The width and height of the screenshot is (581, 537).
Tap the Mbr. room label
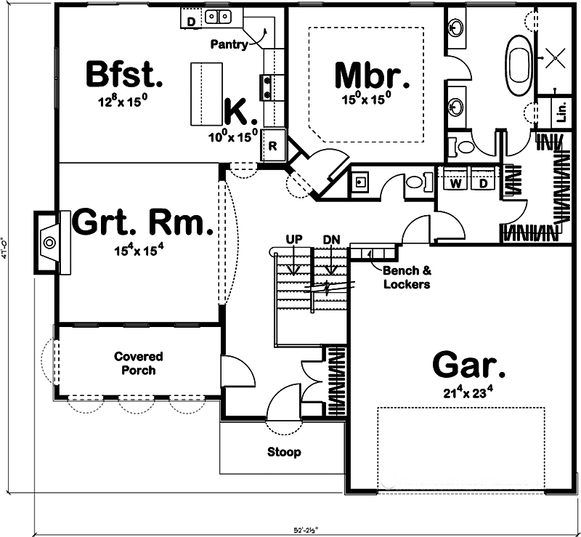click(x=367, y=74)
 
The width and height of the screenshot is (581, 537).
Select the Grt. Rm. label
click(x=142, y=222)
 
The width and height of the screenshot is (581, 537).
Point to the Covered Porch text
click(x=138, y=363)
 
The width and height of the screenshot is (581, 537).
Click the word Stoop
click(x=283, y=452)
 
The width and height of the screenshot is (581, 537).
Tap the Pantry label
click(x=229, y=44)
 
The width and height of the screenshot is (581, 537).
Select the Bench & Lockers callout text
click(x=407, y=277)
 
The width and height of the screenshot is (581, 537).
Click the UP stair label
click(x=294, y=239)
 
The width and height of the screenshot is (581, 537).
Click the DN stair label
click(x=330, y=239)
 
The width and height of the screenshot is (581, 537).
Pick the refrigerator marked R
click(x=272, y=144)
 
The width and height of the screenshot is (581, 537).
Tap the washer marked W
click(x=455, y=183)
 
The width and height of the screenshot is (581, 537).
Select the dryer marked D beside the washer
click(x=482, y=183)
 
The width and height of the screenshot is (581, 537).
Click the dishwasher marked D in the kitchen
click(x=191, y=21)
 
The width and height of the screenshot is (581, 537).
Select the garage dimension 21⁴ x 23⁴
click(x=469, y=393)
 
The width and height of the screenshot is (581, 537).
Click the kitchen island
click(x=206, y=94)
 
